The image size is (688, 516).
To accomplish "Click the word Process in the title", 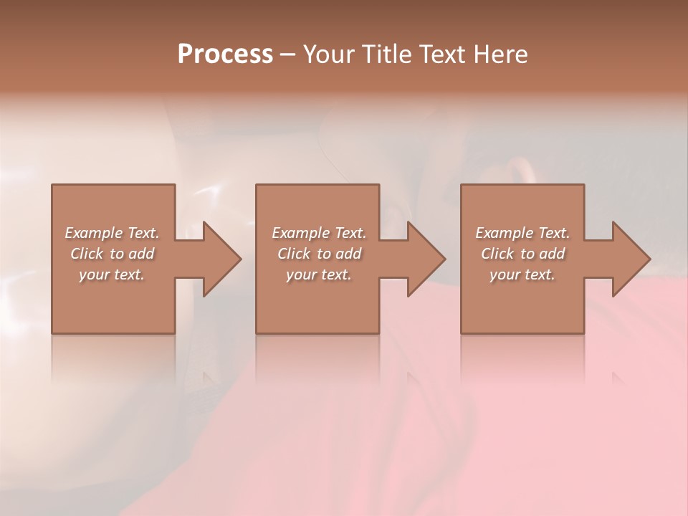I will [x=225, y=54].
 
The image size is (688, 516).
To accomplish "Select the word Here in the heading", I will [x=500, y=54].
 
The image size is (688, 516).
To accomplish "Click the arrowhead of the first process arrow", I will [x=221, y=259].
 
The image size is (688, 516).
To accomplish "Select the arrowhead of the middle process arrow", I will [x=426, y=259].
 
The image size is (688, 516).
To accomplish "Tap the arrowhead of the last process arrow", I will [x=631, y=259].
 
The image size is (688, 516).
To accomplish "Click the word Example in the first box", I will [x=93, y=233].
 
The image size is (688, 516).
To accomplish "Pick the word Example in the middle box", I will [x=300, y=233].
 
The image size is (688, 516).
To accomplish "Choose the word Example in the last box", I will [x=504, y=233].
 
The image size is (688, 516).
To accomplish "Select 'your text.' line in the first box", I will [x=112, y=274].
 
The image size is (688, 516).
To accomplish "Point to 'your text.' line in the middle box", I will [x=319, y=274].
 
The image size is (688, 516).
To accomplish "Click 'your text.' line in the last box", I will [x=522, y=274].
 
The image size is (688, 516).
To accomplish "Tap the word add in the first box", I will [x=141, y=254].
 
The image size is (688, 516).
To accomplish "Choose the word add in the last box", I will [x=552, y=254].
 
